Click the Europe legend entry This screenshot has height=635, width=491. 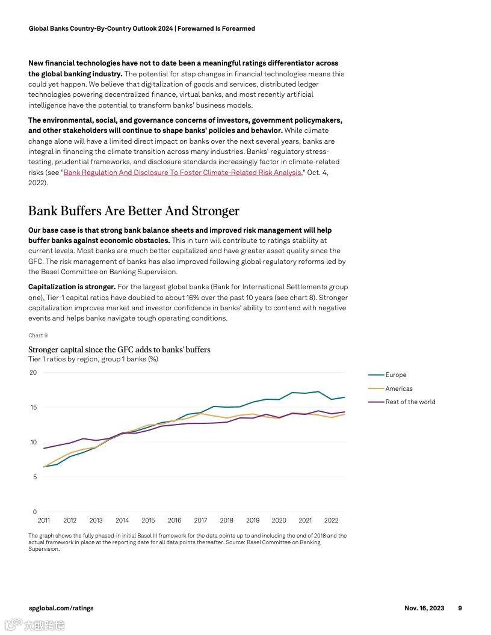pos(395,375)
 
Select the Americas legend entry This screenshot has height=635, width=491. pos(398,388)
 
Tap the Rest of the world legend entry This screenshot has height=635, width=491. pos(410,402)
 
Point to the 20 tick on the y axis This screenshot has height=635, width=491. pos(33,373)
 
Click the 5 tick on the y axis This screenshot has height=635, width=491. pos(34,477)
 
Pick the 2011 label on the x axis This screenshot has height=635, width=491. pos(44,521)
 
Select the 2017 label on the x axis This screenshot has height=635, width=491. pos(200,521)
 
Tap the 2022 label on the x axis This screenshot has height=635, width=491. pos(331,521)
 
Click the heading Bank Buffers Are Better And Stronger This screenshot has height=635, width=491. pos(134,211)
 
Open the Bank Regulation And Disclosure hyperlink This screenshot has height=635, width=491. pos(182,173)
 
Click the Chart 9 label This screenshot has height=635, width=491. pos(38,336)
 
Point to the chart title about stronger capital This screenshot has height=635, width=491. pos(119,349)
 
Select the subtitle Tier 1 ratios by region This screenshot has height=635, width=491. pos(93,359)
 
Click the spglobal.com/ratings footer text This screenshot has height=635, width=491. pos(61,608)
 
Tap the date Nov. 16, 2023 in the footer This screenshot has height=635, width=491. pos(424,608)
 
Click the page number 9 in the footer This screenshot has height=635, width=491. pos(460,608)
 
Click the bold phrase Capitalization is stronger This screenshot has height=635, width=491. pos(72,287)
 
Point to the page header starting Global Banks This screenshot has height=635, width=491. pos(141,28)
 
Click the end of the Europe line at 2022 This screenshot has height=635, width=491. pos(345,397)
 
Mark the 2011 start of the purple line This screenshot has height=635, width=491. pos(44,448)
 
